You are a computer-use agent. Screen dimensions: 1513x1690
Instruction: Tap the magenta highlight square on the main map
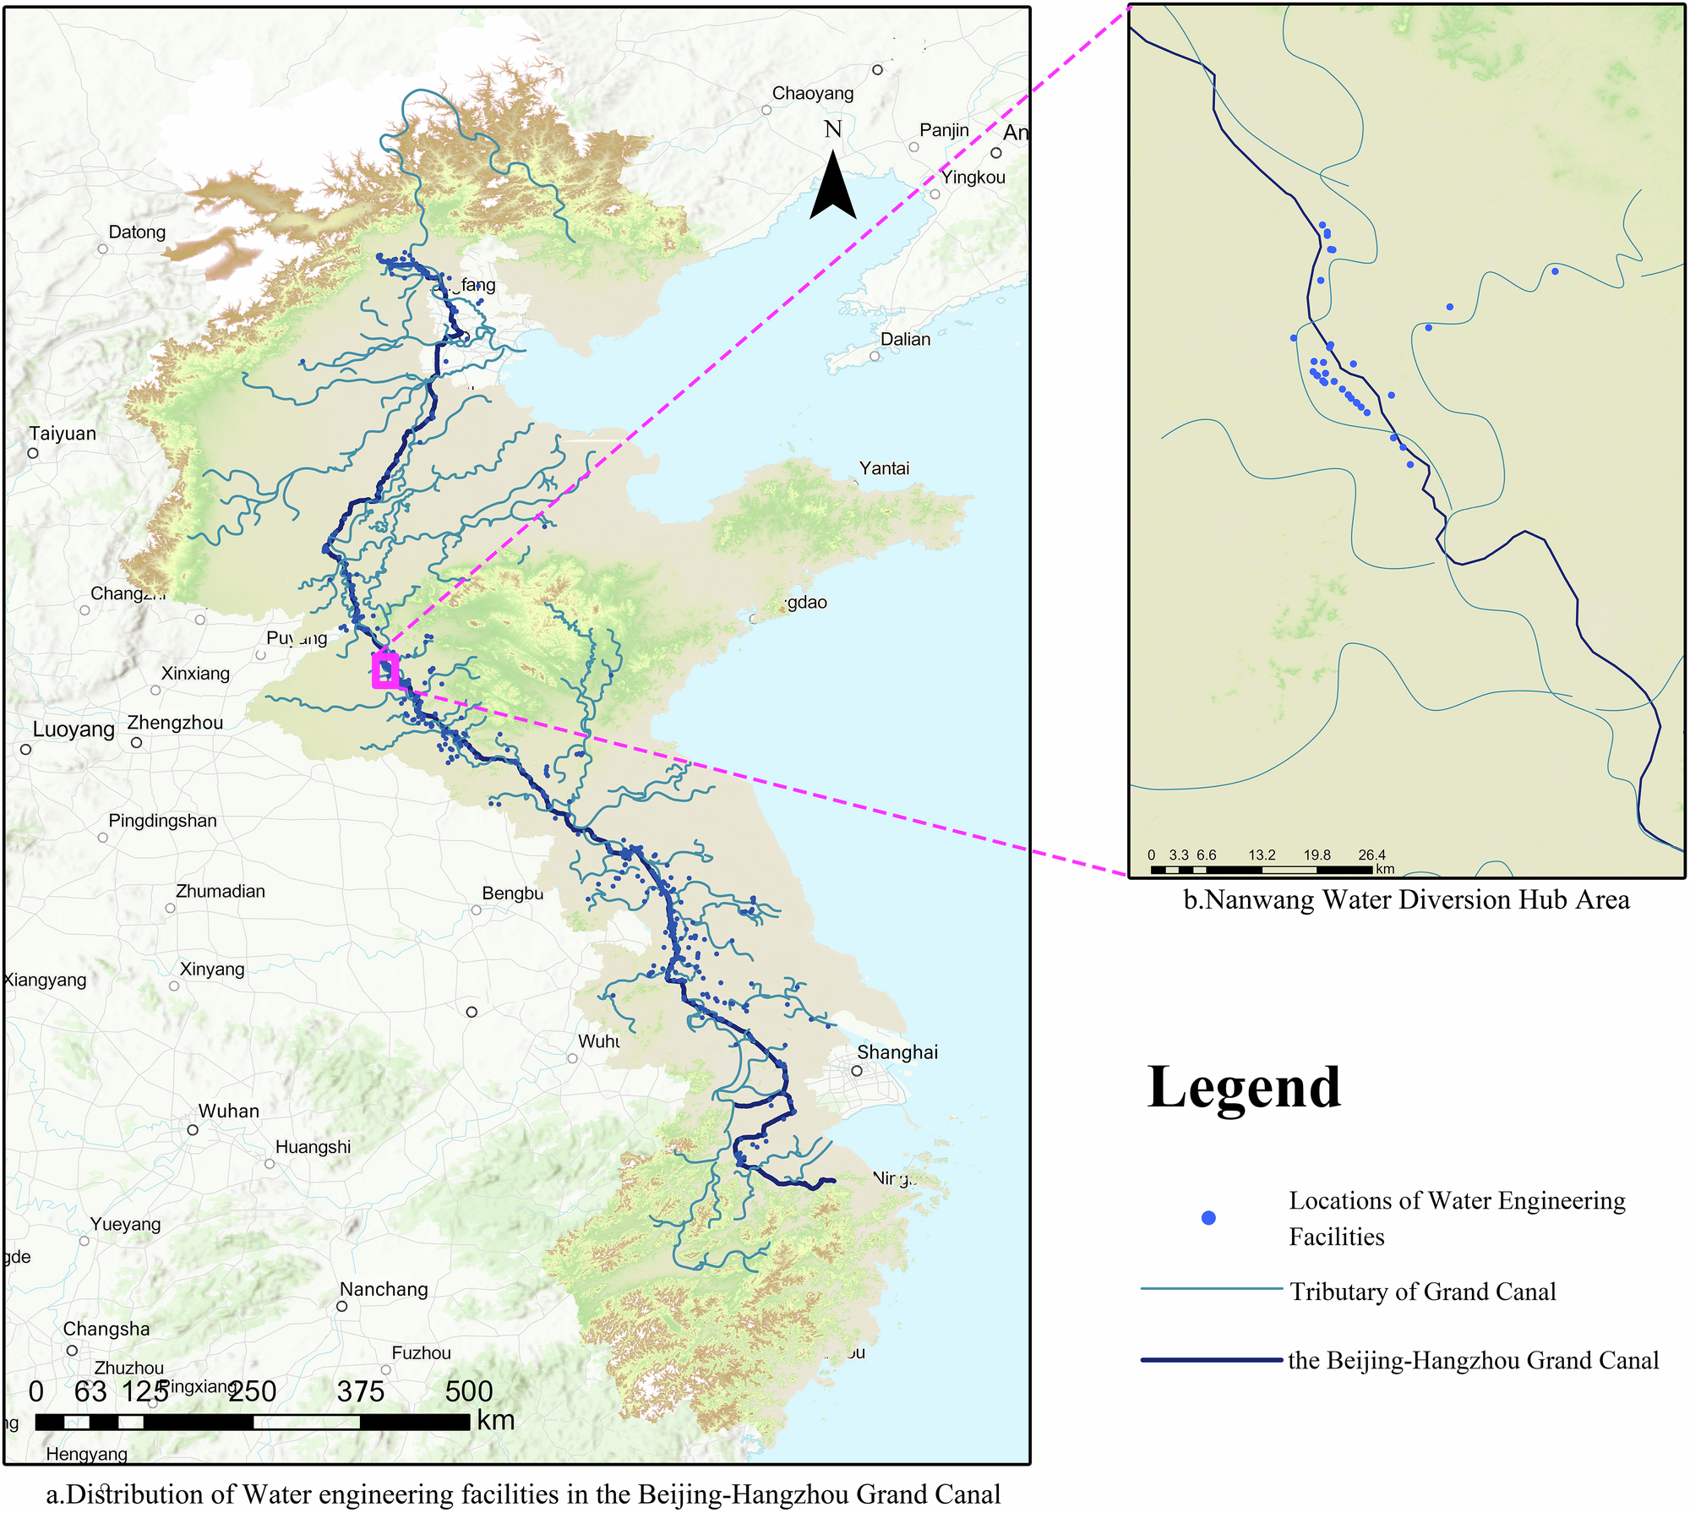coord(385,671)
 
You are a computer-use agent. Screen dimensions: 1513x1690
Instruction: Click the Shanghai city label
coord(897,1052)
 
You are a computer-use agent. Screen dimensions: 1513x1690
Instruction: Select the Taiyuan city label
coord(63,434)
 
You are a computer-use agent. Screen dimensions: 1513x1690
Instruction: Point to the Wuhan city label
coord(228,1111)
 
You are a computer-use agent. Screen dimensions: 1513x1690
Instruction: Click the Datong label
coord(137,232)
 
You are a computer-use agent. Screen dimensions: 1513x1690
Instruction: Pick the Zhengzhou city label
coord(175,723)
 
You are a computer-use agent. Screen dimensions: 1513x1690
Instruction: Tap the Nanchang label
coord(384,1289)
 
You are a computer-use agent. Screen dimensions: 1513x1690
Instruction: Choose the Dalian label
coord(905,339)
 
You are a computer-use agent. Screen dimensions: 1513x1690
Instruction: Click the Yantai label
coord(884,468)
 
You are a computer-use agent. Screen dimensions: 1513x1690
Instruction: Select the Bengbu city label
coord(512,893)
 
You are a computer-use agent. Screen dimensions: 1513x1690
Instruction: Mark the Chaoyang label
coord(812,93)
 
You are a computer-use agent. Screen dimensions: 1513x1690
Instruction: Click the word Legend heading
coord(1244,1088)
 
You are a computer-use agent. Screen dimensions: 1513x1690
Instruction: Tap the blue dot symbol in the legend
coord(1208,1218)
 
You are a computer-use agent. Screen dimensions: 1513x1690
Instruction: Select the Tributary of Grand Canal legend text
coord(1422,1292)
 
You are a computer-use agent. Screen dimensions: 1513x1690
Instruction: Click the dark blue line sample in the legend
coord(1211,1360)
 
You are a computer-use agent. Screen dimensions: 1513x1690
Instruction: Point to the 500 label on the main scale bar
coord(468,1391)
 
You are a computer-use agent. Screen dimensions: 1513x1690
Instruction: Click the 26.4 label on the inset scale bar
coord(1371,855)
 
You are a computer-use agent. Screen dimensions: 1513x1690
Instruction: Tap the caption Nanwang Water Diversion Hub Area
coord(1406,900)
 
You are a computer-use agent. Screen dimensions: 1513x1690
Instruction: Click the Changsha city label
coord(106,1329)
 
